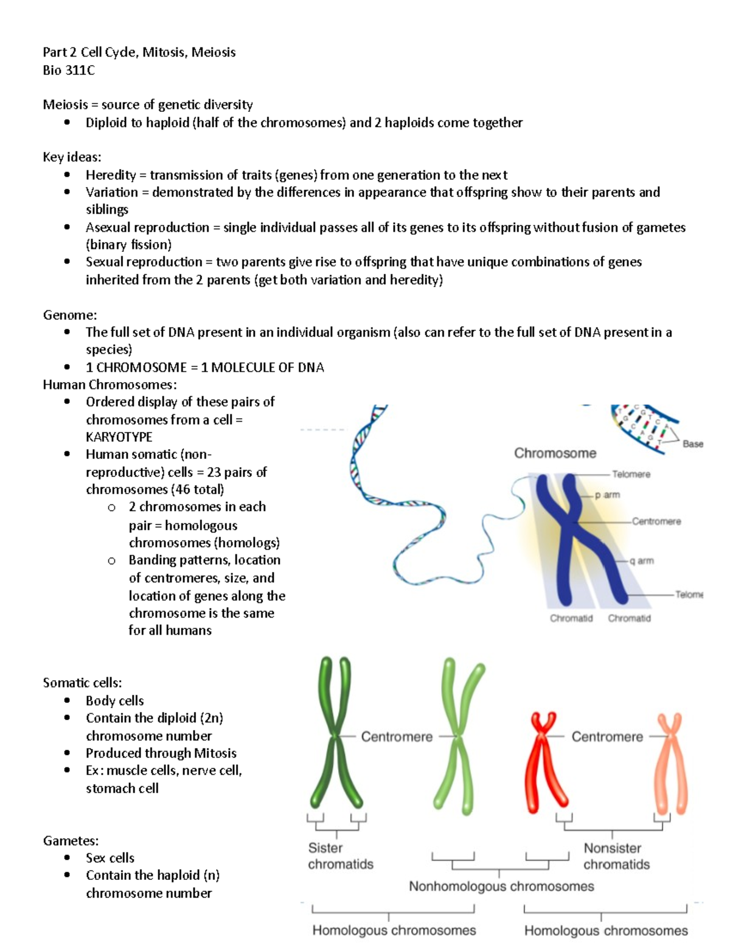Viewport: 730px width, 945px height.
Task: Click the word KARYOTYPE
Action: pos(119,437)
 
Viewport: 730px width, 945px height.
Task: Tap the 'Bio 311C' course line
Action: pos(69,70)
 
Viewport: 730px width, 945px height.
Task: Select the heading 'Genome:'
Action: pos(70,315)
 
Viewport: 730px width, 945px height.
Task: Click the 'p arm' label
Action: pos(607,495)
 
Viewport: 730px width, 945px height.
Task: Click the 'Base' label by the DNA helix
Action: pos(692,444)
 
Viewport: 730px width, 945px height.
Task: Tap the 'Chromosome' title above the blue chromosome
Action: pos(555,453)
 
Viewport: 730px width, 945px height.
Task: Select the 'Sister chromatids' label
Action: pos(340,856)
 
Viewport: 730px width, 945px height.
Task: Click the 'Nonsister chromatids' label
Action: pos(616,856)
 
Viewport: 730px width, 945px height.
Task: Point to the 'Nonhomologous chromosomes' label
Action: pos(501,886)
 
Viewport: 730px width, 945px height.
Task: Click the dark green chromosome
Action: pos(335,736)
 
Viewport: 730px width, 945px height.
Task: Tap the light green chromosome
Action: pos(457,736)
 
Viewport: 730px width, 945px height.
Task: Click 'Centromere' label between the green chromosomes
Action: pos(397,736)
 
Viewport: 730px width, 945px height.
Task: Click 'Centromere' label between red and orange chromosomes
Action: pos(607,736)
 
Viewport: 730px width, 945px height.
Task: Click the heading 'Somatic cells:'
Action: pos(82,683)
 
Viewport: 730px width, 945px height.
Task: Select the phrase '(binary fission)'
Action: pos(128,245)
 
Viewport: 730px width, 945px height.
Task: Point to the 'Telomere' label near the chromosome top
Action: pos(631,474)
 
